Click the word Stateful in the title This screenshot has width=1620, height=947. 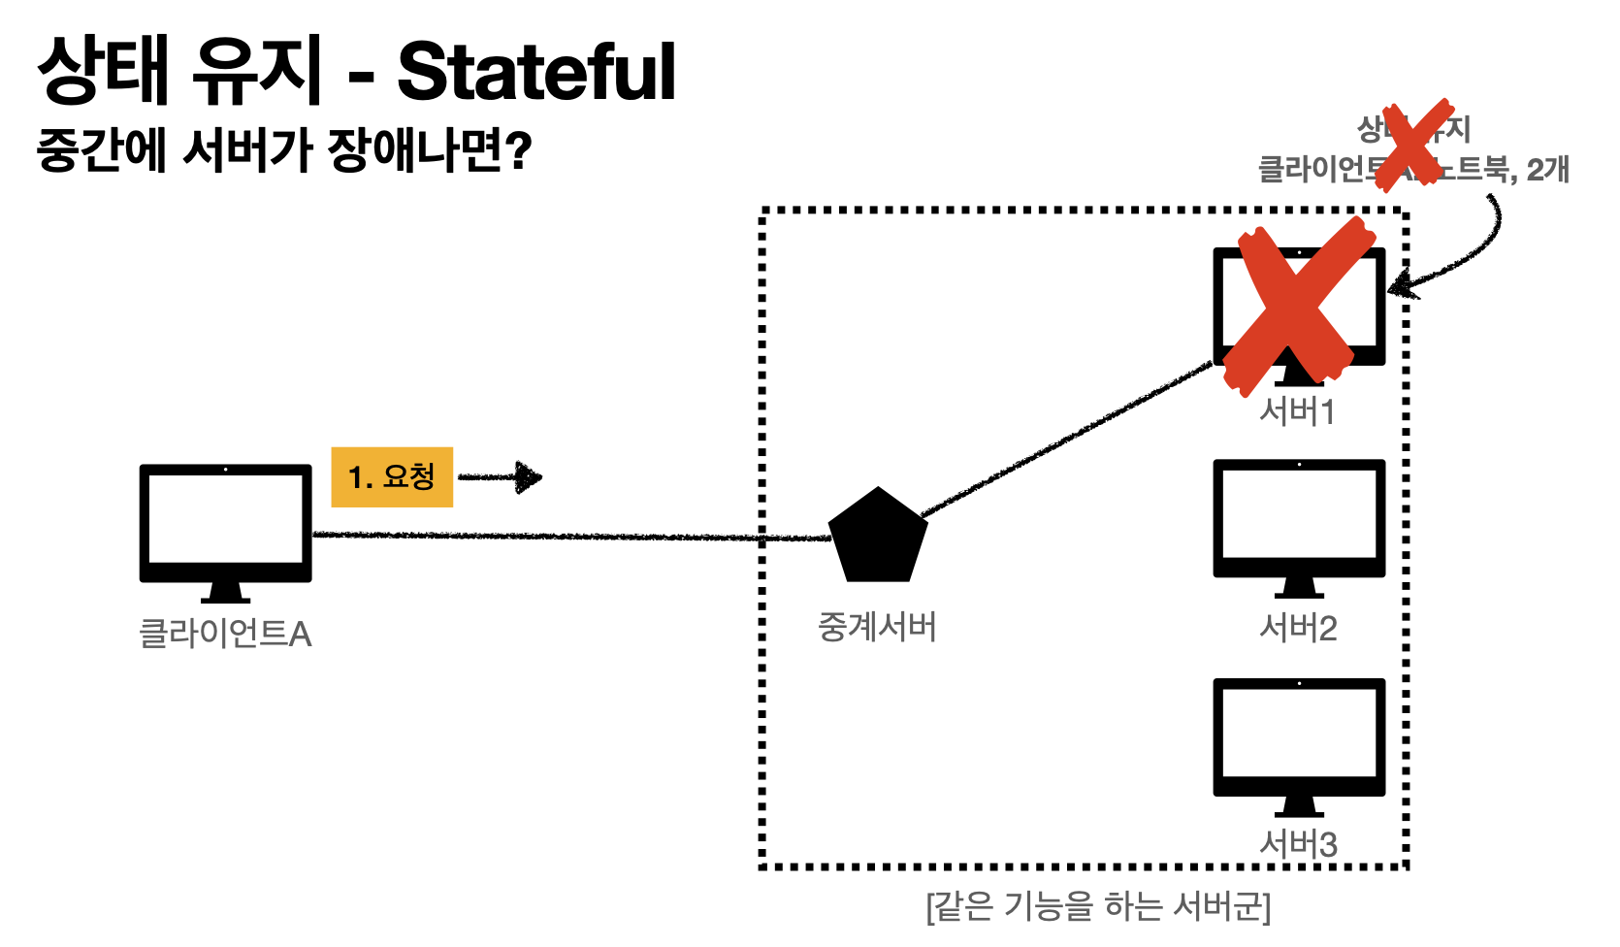tap(536, 73)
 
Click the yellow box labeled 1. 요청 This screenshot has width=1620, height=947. tap(392, 477)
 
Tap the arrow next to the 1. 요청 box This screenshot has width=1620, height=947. tap(501, 477)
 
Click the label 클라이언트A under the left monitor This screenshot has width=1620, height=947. tap(225, 634)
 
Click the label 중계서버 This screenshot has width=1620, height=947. tap(877, 627)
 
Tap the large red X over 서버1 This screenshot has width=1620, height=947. tap(1298, 307)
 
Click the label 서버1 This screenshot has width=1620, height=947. tap(1298, 412)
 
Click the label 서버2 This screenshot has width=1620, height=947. tap(1298, 629)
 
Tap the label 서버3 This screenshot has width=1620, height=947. tap(1298, 844)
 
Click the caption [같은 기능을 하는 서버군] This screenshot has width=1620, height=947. tap(1098, 906)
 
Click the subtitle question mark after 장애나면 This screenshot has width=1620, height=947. tap(520, 151)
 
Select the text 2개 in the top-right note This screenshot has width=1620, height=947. tap(1547, 170)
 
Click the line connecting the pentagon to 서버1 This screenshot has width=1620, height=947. tap(1067, 439)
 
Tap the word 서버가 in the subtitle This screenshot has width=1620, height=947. tap(246, 151)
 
